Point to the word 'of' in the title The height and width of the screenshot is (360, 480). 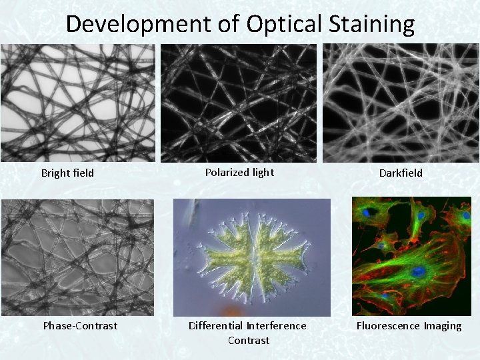point(227,24)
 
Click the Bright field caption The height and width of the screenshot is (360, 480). point(67,173)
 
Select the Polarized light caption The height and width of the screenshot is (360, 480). point(239,173)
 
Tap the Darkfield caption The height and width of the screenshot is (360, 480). point(401,173)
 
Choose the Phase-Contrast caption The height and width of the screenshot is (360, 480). point(80,326)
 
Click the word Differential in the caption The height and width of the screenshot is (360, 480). point(217,326)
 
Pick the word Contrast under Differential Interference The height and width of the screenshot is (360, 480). point(248,341)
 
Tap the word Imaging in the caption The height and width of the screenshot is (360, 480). point(442,326)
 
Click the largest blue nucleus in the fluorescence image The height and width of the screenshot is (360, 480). point(418,271)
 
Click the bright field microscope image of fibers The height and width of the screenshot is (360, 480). point(77,103)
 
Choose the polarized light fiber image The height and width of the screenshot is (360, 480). point(239,103)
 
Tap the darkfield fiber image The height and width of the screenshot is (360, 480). point(401,103)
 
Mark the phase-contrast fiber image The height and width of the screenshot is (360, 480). point(77,257)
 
